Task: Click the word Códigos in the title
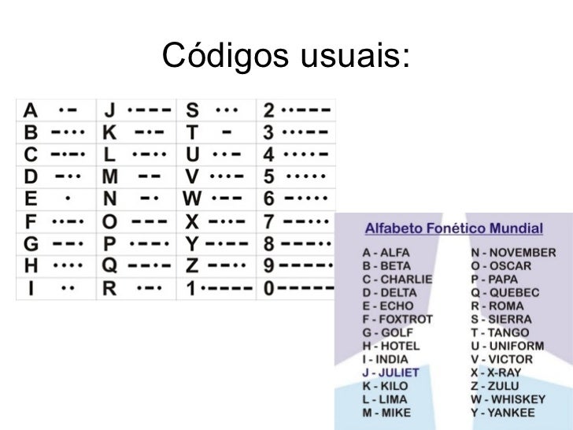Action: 227,56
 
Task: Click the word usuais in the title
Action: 356,56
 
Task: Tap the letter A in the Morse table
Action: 30,109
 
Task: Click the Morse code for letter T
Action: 227,132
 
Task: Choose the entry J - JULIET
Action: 390,373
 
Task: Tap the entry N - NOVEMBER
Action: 512,253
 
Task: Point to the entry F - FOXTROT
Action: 397,319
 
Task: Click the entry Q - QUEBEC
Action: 505,293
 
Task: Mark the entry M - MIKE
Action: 386,413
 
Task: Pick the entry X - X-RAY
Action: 496,373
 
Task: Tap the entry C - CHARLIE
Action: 397,279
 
